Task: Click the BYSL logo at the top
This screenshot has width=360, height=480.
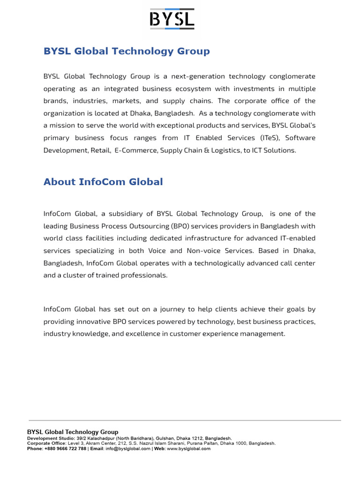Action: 172,20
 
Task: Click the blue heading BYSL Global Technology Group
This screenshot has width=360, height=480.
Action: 127,51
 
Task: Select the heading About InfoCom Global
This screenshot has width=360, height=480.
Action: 103,182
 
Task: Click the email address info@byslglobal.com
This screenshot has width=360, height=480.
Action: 127,449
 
